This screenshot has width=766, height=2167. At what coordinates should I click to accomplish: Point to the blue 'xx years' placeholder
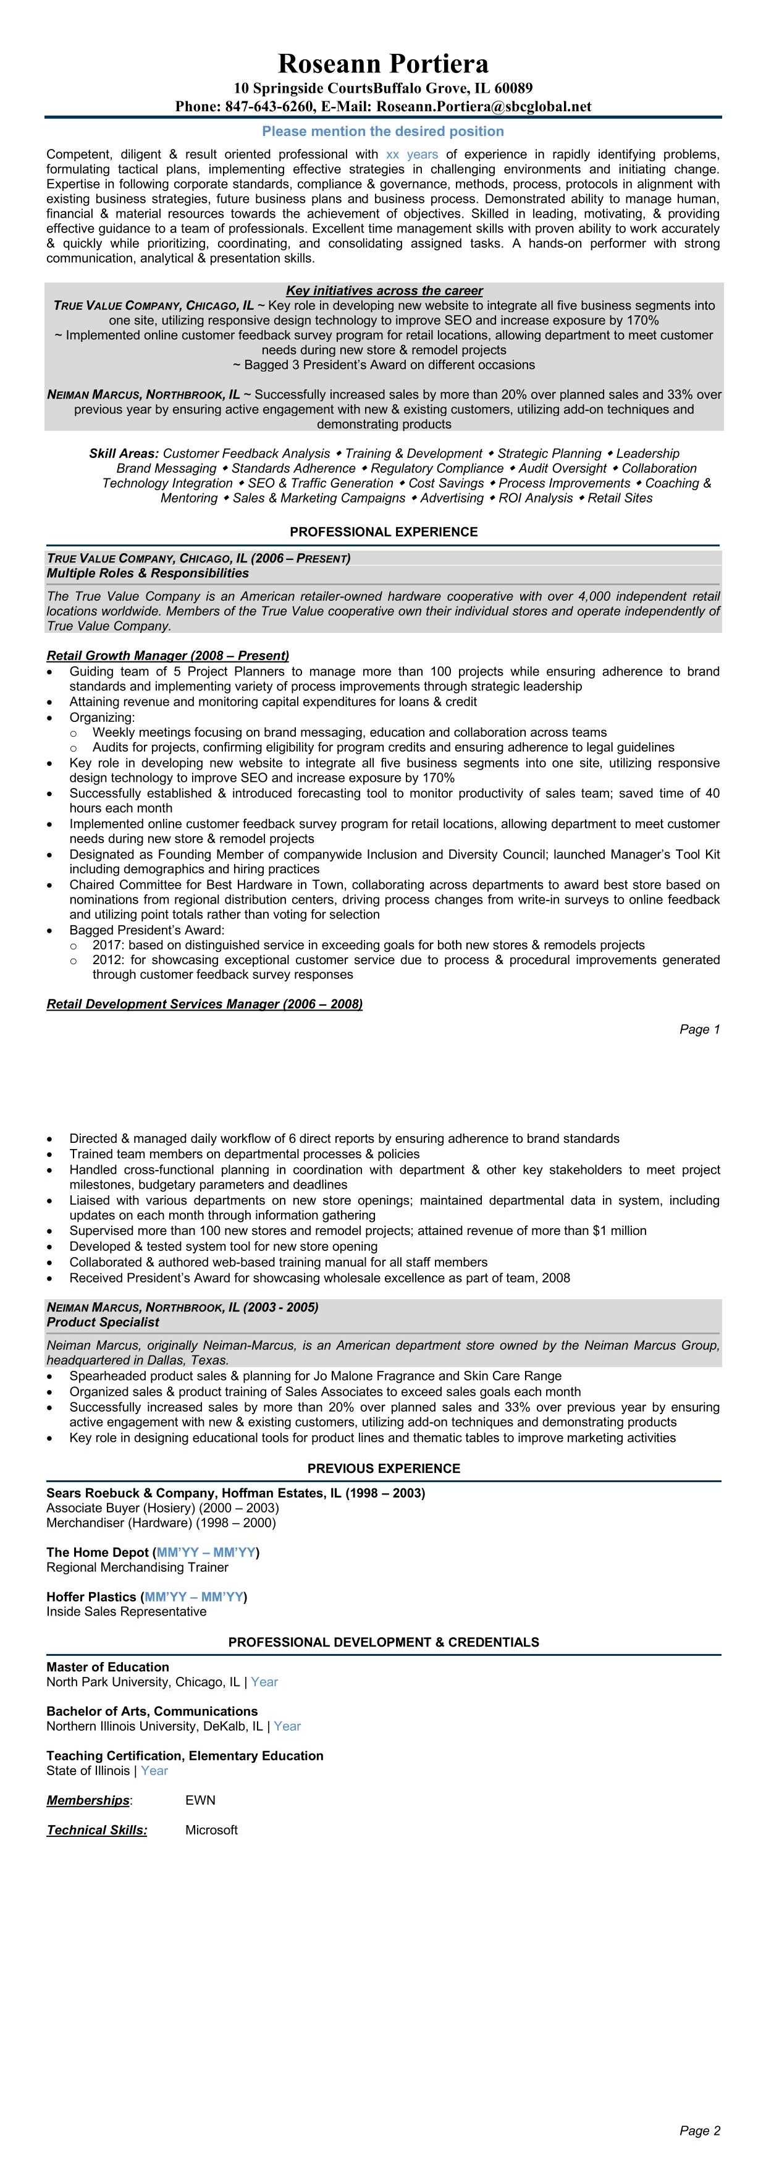tap(411, 155)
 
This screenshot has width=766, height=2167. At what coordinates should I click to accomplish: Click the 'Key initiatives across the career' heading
tap(384, 290)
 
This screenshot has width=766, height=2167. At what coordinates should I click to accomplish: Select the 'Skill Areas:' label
tap(124, 454)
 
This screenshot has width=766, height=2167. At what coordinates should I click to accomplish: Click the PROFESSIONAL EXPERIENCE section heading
tap(384, 532)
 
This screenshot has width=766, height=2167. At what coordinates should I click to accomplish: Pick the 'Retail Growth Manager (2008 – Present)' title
tap(167, 655)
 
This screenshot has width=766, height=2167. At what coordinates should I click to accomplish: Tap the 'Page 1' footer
tap(699, 1029)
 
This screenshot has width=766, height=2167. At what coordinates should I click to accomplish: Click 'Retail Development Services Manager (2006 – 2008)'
tap(204, 1004)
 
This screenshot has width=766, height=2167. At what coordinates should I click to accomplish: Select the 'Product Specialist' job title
tap(103, 1321)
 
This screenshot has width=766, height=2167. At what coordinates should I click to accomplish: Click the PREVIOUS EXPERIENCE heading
tap(384, 1468)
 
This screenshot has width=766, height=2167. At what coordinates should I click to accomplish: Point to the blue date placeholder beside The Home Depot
tap(206, 1552)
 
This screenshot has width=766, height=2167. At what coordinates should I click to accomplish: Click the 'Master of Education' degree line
tap(107, 1666)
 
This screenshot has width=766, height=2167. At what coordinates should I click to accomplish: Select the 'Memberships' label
tap(88, 1799)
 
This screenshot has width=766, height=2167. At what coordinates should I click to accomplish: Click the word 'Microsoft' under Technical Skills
tap(211, 1829)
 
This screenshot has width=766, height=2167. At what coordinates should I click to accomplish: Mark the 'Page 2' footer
tap(699, 2124)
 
